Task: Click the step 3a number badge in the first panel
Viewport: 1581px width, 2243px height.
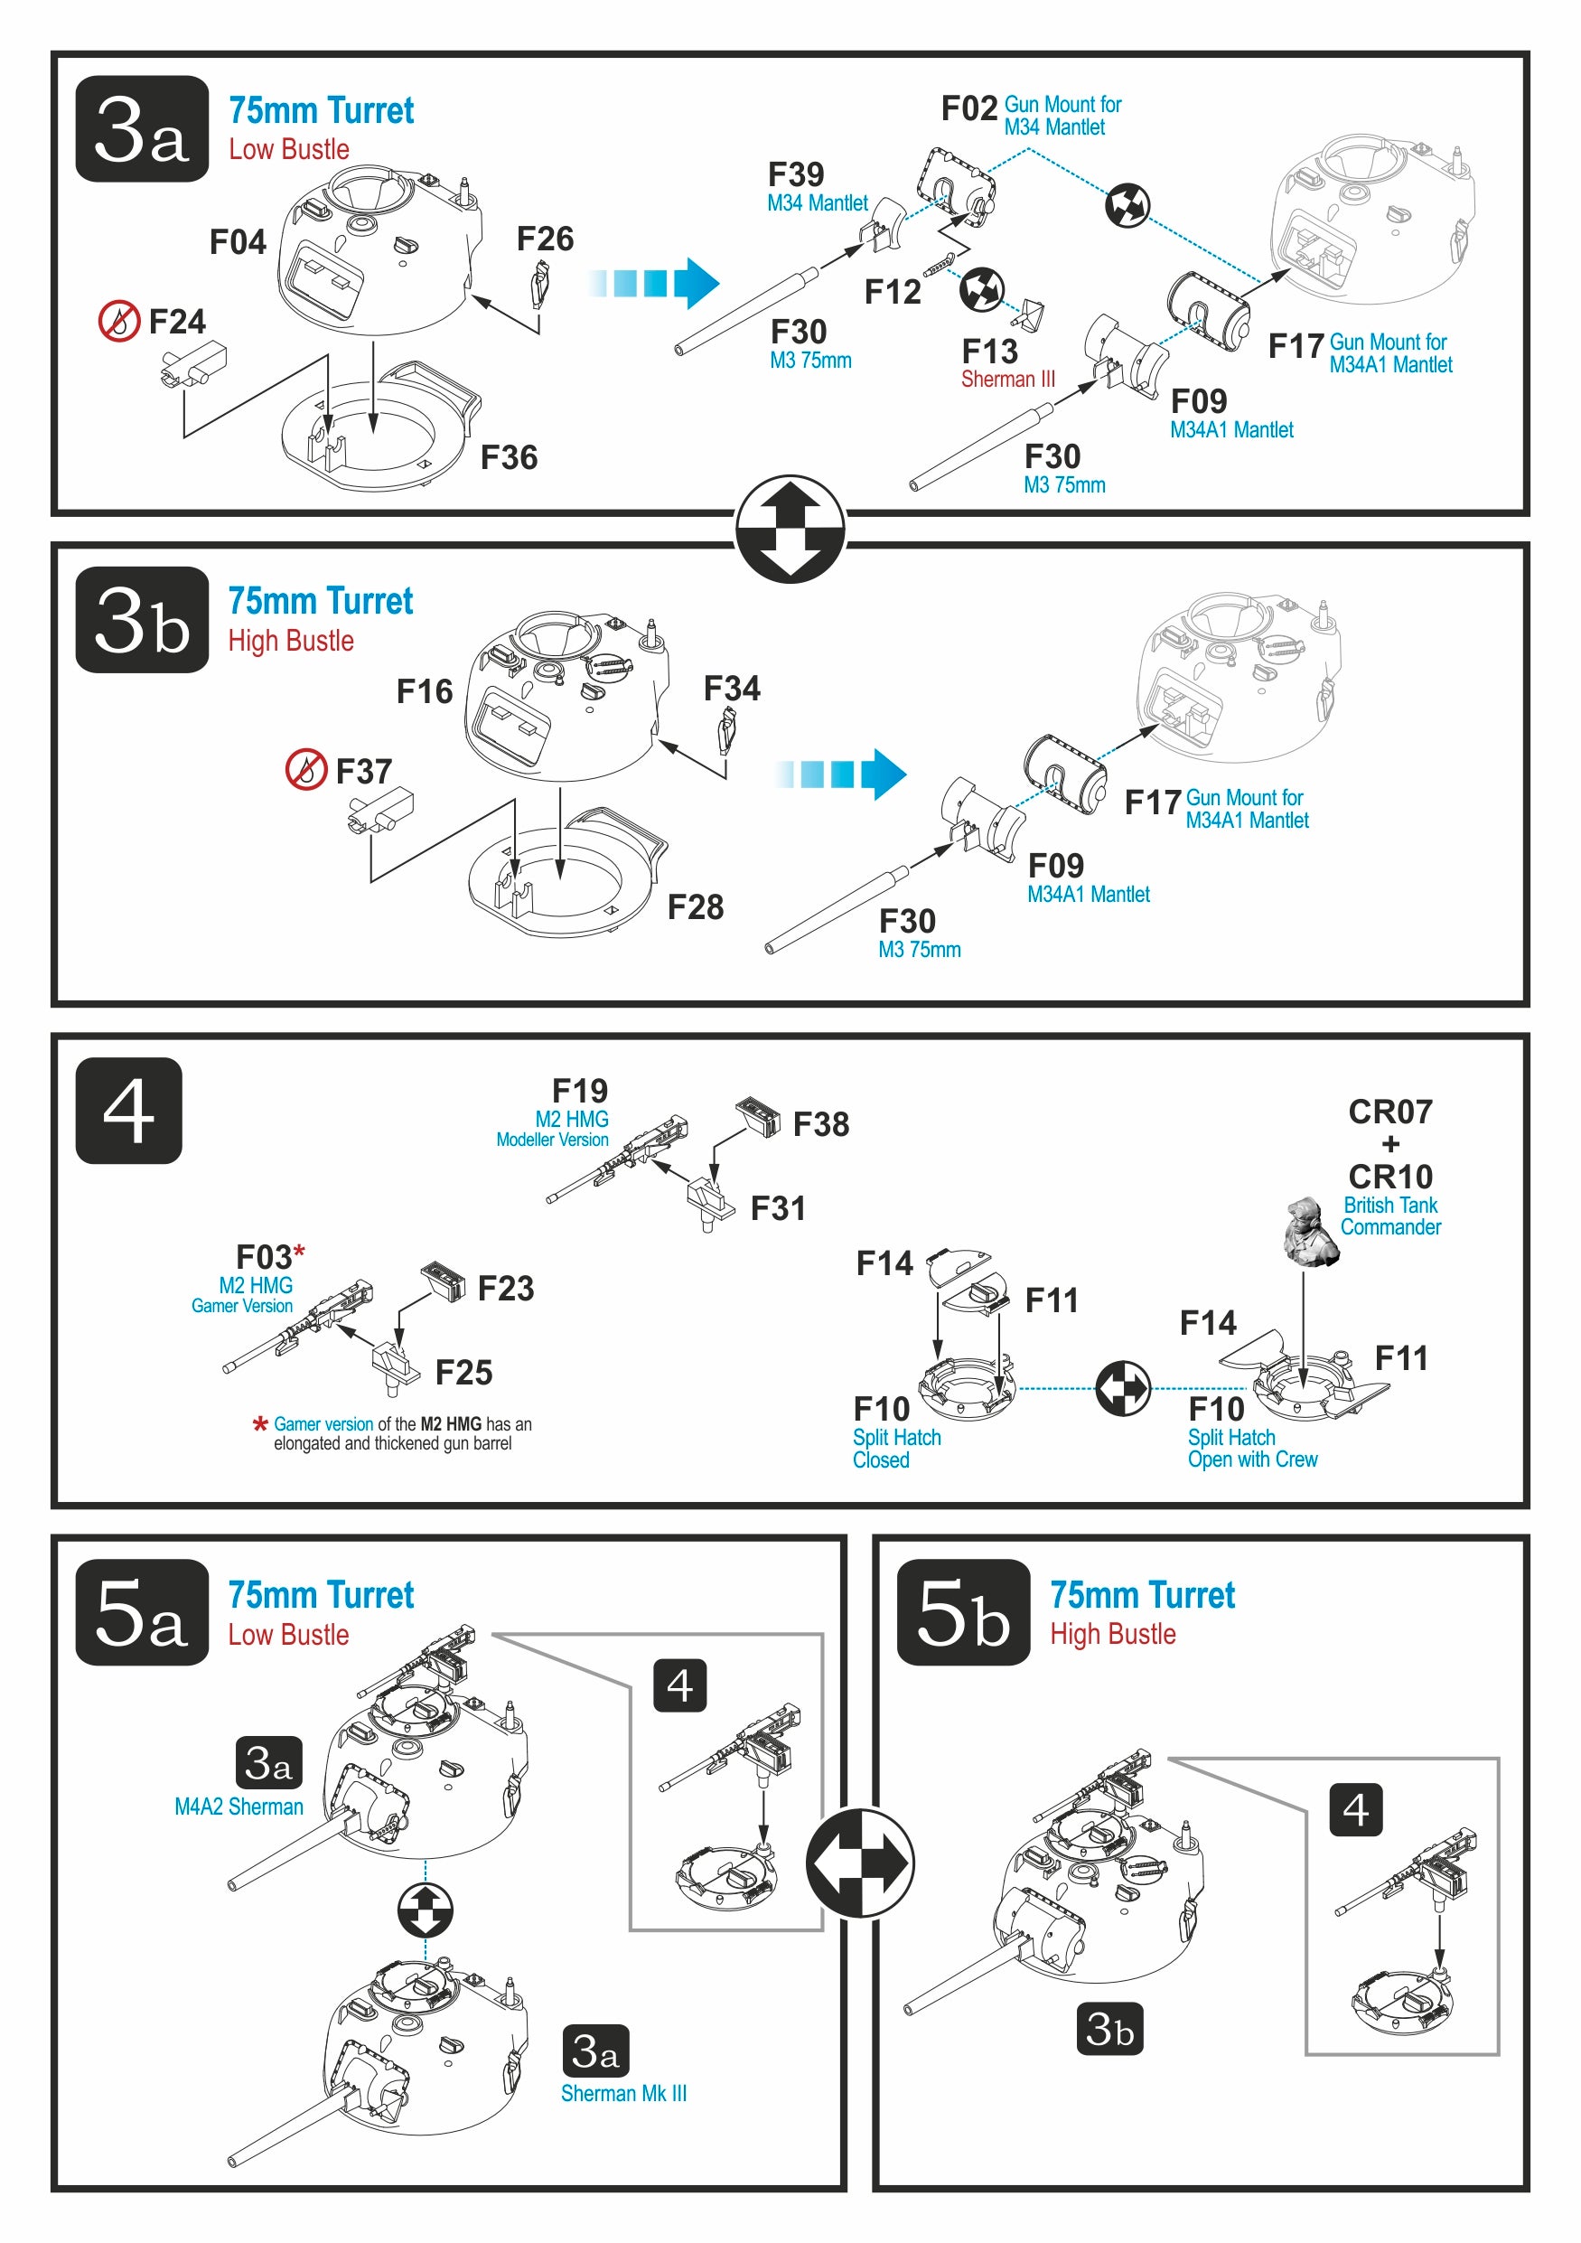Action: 142,129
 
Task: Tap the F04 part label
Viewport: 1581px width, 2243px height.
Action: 238,242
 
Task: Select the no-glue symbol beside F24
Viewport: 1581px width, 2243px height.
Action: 119,321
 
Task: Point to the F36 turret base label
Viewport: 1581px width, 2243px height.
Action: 509,457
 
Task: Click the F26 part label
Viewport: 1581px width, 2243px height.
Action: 545,239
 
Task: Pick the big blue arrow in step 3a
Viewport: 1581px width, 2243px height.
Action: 654,283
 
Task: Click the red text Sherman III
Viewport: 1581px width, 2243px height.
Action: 1008,379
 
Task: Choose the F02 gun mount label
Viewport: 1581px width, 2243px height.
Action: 968,108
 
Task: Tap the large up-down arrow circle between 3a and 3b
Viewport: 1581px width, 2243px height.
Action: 790,530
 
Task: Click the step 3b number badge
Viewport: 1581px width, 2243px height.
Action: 142,620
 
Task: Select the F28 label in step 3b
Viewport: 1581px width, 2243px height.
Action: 696,907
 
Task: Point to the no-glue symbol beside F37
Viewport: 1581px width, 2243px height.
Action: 305,770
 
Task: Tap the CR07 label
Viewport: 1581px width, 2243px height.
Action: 1389,1112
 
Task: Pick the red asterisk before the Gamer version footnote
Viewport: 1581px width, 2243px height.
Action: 260,1424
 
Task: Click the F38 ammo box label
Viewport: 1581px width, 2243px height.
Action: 820,1124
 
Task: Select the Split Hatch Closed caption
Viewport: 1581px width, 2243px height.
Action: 895,1449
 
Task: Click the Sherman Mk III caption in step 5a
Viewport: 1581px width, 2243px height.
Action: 623,2094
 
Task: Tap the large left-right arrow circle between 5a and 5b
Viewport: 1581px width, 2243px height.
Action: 860,1863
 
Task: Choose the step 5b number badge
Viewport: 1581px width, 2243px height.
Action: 963,1613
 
